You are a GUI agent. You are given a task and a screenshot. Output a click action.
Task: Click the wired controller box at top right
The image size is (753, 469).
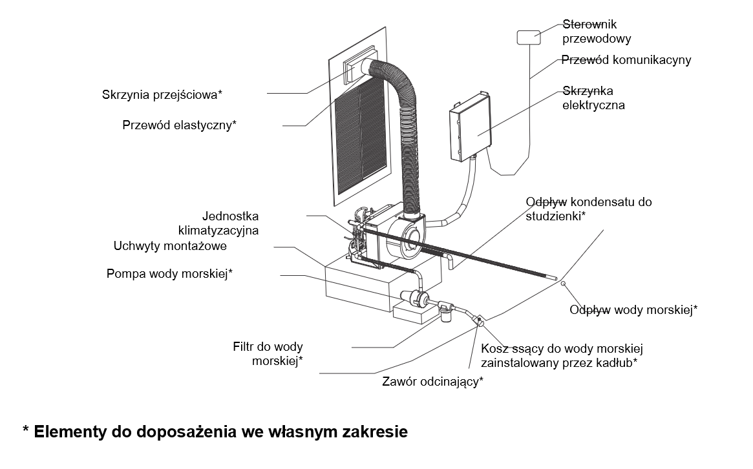pyautogui.click(x=529, y=37)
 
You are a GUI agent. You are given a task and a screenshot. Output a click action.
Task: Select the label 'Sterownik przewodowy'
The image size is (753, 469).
pyautogui.click(x=597, y=31)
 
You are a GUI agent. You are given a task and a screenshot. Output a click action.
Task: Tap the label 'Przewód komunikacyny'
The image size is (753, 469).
pyautogui.click(x=626, y=60)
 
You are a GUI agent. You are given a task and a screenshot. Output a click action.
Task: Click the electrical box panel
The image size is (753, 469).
pyautogui.click(x=470, y=128)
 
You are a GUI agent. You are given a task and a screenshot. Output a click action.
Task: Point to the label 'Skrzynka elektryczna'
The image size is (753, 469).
pyautogui.click(x=593, y=98)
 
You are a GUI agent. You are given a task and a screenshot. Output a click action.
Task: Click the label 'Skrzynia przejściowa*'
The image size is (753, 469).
pyautogui.click(x=162, y=94)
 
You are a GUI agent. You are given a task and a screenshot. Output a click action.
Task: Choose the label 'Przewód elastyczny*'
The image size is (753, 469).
pyautogui.click(x=179, y=125)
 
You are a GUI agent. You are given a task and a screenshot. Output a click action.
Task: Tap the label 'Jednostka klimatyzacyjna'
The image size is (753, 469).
pyautogui.click(x=218, y=224)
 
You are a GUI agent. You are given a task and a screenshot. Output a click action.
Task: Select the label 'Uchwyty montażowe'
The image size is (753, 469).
pyautogui.click(x=170, y=246)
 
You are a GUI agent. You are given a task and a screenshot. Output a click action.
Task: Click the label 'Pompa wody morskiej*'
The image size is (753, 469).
pyautogui.click(x=169, y=274)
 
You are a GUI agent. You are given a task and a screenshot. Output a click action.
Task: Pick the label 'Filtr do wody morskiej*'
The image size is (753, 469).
pyautogui.click(x=268, y=354)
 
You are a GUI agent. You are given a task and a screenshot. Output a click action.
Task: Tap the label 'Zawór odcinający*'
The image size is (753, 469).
pyautogui.click(x=432, y=382)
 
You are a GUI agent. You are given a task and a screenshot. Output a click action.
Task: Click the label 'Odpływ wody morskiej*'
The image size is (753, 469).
pyautogui.click(x=633, y=310)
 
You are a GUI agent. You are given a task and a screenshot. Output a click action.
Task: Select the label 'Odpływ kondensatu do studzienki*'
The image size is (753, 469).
pyautogui.click(x=589, y=209)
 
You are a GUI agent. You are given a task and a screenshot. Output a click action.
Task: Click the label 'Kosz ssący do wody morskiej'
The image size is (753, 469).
pyautogui.click(x=562, y=348)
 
